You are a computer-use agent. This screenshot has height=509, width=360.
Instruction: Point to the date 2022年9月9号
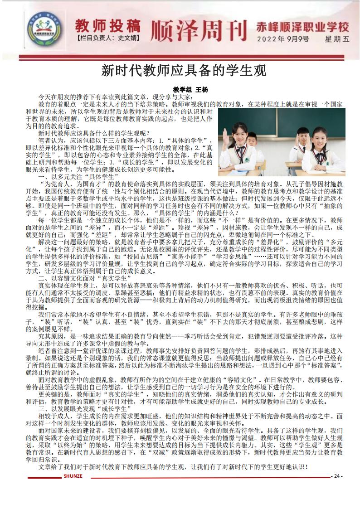click(283, 39)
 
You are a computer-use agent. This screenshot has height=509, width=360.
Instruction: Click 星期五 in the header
click(337, 39)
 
